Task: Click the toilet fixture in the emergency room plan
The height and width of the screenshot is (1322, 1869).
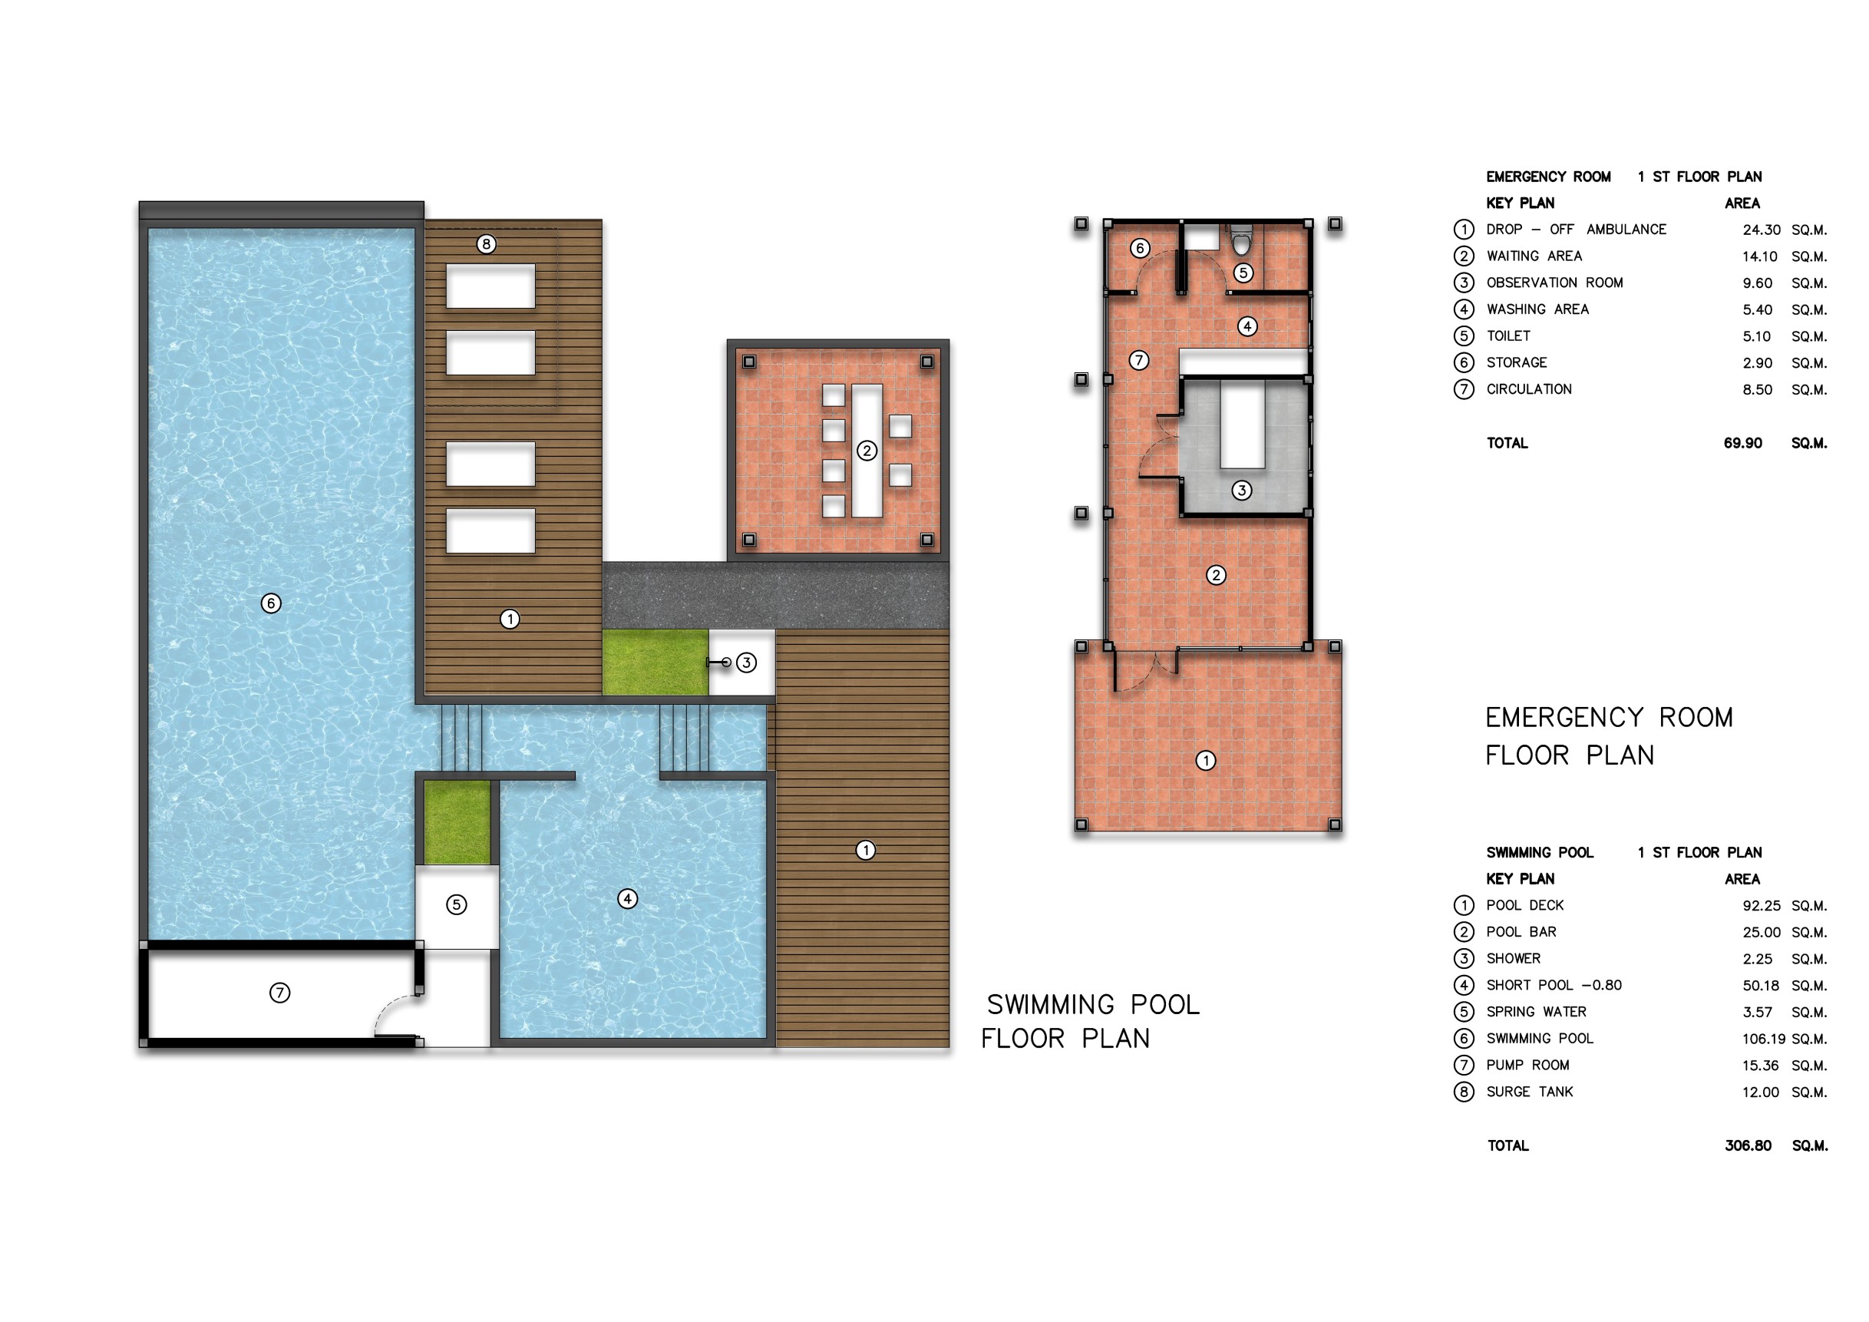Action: pyautogui.click(x=1240, y=240)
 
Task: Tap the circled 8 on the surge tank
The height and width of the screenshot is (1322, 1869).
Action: pyautogui.click(x=486, y=243)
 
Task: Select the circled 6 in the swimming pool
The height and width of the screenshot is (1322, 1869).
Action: pyautogui.click(x=271, y=603)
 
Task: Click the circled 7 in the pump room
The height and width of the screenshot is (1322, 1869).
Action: pyautogui.click(x=279, y=993)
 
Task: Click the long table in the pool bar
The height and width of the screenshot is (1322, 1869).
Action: pyautogui.click(x=867, y=451)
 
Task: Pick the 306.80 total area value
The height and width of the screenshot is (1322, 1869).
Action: pyautogui.click(x=1748, y=1145)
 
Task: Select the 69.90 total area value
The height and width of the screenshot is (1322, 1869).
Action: pyautogui.click(x=1743, y=443)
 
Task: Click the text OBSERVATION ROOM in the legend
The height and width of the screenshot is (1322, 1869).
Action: pyautogui.click(x=1554, y=283)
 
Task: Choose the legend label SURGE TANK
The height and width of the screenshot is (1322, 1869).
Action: pyautogui.click(x=1530, y=1092)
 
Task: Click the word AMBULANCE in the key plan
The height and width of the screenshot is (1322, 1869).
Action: pyautogui.click(x=1626, y=230)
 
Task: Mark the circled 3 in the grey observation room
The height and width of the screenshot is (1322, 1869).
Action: pyautogui.click(x=1241, y=490)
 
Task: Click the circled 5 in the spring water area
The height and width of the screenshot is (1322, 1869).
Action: pyautogui.click(x=457, y=904)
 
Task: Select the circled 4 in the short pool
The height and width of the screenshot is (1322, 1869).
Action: pyautogui.click(x=628, y=899)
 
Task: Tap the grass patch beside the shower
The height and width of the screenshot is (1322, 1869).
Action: pyautogui.click(x=655, y=663)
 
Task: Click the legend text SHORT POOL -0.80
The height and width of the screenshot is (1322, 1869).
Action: pyautogui.click(x=1554, y=985)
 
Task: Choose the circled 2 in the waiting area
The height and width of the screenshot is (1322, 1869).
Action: pyautogui.click(x=1216, y=576)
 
